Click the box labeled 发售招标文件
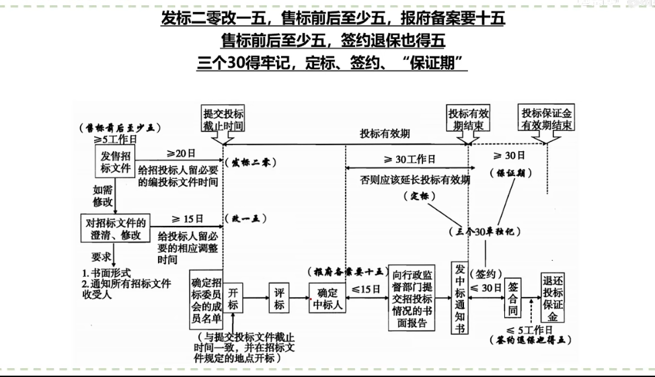coord(112,163)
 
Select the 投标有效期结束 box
coord(469,119)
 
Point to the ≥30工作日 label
coord(409,159)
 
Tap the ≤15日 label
coord(366,288)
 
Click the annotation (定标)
coord(420,196)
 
